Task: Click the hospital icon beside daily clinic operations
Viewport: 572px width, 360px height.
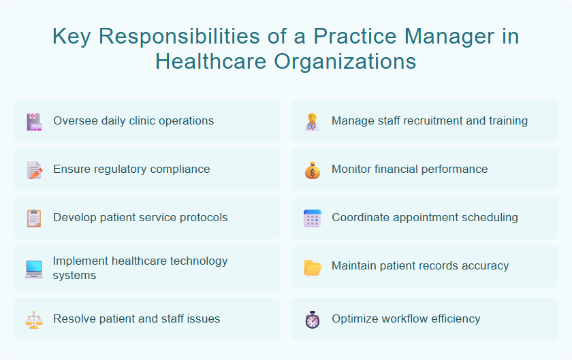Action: (x=34, y=122)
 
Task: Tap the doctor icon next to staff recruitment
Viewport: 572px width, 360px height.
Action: (x=312, y=122)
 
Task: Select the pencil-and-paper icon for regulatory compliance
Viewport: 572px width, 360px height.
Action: (x=34, y=170)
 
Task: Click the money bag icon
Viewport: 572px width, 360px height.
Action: (x=312, y=170)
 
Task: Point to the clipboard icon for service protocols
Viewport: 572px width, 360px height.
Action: (x=34, y=218)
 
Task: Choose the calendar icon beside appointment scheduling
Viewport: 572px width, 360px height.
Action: (x=312, y=218)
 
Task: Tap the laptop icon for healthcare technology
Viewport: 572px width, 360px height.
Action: (x=34, y=269)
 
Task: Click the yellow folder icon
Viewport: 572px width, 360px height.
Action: (x=312, y=267)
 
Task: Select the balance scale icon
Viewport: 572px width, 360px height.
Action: (x=34, y=319)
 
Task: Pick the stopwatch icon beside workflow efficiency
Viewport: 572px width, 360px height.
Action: (x=312, y=319)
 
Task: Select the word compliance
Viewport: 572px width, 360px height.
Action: (x=179, y=169)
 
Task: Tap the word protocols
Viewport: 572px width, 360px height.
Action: (x=201, y=218)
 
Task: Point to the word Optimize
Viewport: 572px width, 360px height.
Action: (x=355, y=318)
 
